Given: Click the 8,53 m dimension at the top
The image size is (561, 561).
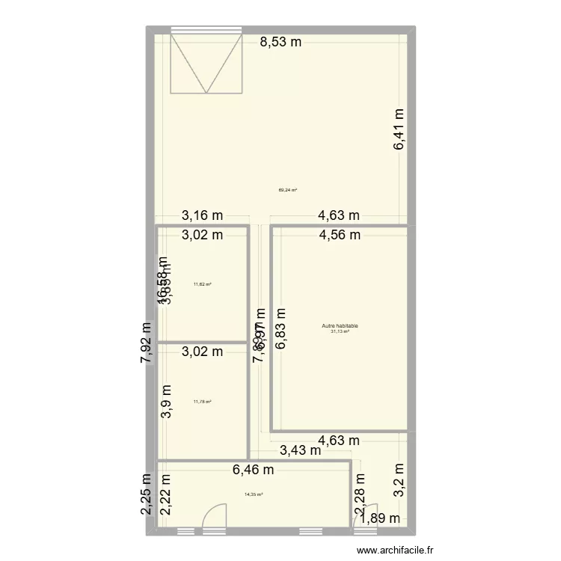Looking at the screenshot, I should pyautogui.click(x=280, y=42).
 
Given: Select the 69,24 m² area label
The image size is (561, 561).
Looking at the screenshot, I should pyautogui.click(x=288, y=190).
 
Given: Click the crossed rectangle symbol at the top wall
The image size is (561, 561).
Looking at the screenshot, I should pyautogui.click(x=208, y=63).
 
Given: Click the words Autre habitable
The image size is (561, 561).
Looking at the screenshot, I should pyautogui.click(x=340, y=325).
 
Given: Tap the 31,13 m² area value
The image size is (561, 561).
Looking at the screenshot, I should pyautogui.click(x=340, y=331).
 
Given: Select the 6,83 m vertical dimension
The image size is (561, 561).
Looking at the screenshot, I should pyautogui.click(x=281, y=330).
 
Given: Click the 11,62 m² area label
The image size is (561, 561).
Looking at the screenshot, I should pyautogui.click(x=202, y=284).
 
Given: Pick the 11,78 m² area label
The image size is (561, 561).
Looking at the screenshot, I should pyautogui.click(x=202, y=402).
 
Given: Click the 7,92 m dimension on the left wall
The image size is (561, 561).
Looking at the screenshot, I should pyautogui.click(x=147, y=343).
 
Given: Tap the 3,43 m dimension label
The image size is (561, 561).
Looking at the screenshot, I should pyautogui.click(x=301, y=450).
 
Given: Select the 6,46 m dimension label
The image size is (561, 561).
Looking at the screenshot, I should pyautogui.click(x=253, y=470).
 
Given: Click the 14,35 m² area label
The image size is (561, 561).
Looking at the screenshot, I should pyautogui.click(x=253, y=494).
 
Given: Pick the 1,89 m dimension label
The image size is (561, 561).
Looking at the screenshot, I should pyautogui.click(x=379, y=518).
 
